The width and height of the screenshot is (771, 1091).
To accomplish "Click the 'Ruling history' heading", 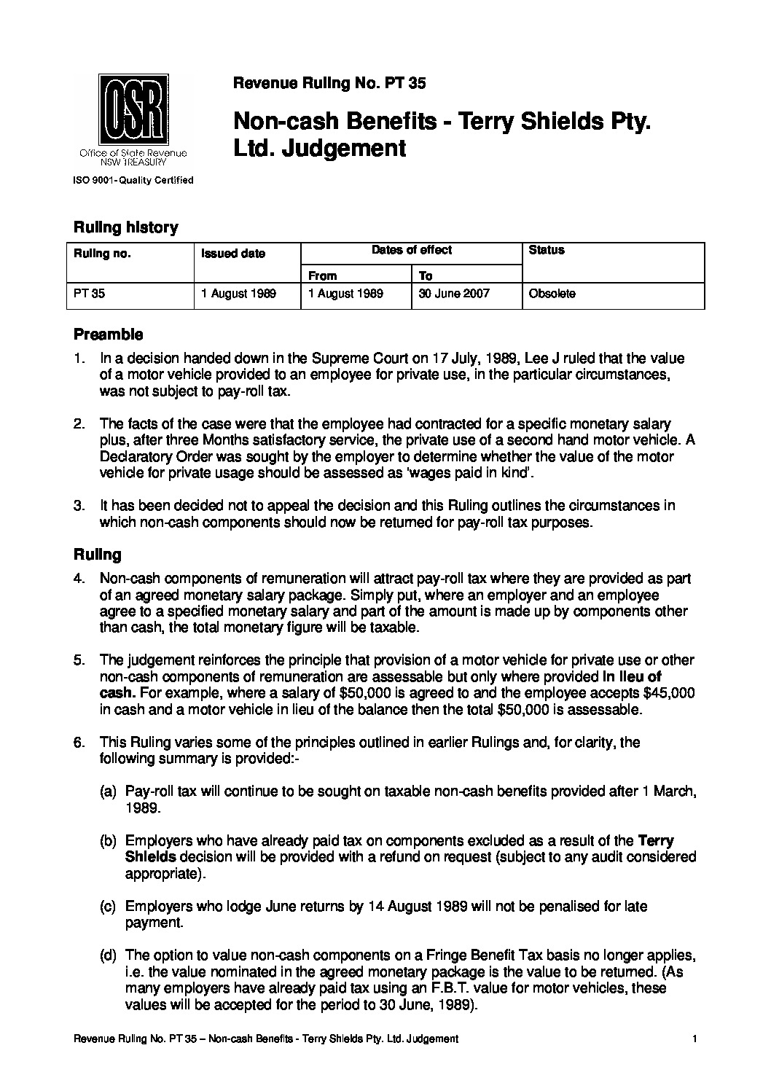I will coord(125,227).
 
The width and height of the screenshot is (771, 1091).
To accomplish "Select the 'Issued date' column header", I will coord(233,254).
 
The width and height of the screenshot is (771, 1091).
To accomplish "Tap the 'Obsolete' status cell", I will coord(552,294).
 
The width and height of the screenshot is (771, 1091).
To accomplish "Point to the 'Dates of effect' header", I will coord(411,250).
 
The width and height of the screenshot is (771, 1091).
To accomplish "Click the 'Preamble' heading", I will coord(108,335).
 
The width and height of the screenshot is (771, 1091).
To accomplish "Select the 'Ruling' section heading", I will coord(97,555).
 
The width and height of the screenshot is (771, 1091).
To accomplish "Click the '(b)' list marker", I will coord(108,841).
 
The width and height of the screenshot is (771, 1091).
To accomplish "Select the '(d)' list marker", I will coord(108,955).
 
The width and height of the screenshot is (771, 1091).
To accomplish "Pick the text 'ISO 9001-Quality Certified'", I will coord(132,180).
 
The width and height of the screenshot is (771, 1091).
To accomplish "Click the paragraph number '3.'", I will coord(80,506).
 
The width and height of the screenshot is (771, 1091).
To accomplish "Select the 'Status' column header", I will coord(547,250).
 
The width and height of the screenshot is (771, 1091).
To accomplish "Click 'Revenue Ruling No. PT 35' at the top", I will coord(329,84).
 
